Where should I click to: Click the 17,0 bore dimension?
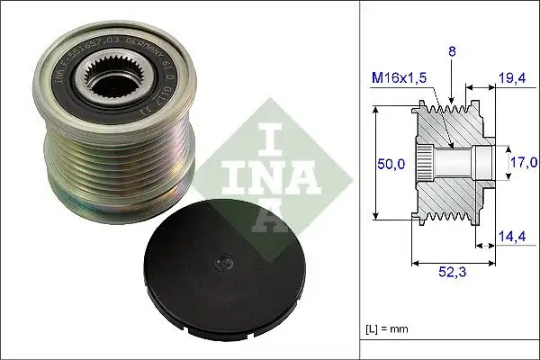[521, 163]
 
